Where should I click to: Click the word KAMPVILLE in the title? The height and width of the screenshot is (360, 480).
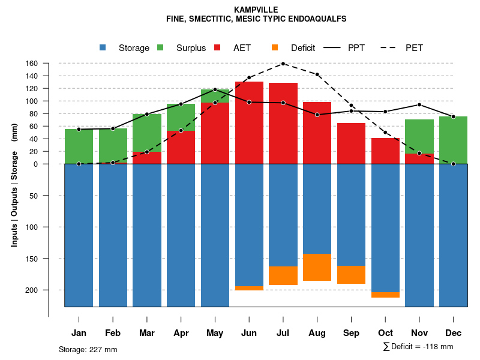pyautogui.click(x=256, y=10)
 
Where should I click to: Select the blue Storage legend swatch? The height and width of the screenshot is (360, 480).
pyautogui.click(x=103, y=47)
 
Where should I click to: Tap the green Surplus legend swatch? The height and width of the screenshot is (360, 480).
pyautogui.click(x=160, y=47)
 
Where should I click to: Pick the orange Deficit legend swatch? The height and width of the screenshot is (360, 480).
pyautogui.click(x=275, y=47)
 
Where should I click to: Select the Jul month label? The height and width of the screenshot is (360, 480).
pyautogui.click(x=283, y=333)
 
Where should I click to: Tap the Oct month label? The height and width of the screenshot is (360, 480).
pyautogui.click(x=385, y=333)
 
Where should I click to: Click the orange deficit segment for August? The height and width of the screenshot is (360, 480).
pyautogui.click(x=317, y=267)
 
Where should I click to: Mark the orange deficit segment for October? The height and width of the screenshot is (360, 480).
pyautogui.click(x=385, y=295)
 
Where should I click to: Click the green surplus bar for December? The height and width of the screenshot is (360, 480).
pyautogui.click(x=454, y=140)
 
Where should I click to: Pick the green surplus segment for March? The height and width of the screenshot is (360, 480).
pyautogui.click(x=147, y=133)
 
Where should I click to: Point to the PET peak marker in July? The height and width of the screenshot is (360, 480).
pyautogui.click(x=283, y=64)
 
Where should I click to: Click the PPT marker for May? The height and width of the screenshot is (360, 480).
pyautogui.click(x=215, y=89)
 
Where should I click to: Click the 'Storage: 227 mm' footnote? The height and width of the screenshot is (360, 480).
pyautogui.click(x=88, y=349)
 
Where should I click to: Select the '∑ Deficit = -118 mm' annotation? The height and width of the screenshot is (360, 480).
pyautogui.click(x=418, y=346)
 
